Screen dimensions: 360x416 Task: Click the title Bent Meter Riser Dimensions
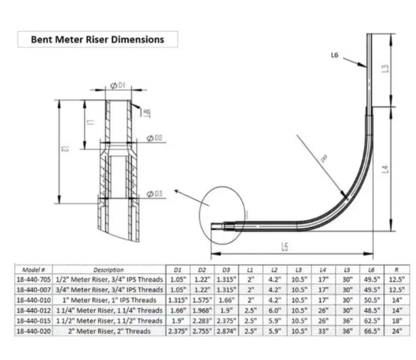(97, 39)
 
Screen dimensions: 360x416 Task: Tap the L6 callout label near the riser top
(334, 55)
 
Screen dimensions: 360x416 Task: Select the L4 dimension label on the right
(386, 169)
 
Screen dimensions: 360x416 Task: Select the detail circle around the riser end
(222, 215)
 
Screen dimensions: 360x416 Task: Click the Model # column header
(34, 270)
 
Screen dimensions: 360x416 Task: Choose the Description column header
(109, 270)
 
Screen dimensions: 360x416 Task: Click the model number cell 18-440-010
(34, 300)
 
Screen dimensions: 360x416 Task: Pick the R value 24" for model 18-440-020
(397, 331)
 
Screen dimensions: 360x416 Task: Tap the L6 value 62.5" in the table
(372, 321)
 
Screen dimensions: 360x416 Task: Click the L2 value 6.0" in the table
(274, 310)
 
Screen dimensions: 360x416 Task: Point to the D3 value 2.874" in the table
(226, 331)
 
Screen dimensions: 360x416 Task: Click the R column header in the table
(397, 270)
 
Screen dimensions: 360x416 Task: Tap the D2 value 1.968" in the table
(202, 310)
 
